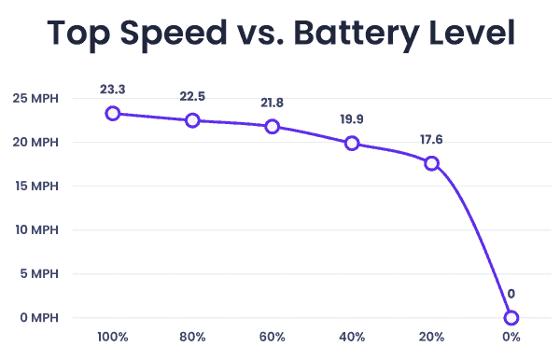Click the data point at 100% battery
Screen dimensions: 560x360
(x=113, y=114)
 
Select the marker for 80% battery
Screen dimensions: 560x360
(x=192, y=120)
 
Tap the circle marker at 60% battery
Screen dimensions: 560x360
(x=273, y=127)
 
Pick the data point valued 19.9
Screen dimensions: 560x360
(x=352, y=143)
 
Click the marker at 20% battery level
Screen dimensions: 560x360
(x=431, y=163)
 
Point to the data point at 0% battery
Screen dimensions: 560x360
(x=511, y=317)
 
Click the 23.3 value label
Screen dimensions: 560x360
(x=113, y=90)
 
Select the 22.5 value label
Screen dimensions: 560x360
(x=192, y=96)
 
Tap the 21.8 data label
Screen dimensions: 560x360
(x=273, y=103)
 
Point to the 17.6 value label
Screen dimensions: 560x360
(x=431, y=140)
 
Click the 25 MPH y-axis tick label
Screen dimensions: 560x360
(x=35, y=98)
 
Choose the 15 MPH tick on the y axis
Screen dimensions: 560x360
(x=36, y=186)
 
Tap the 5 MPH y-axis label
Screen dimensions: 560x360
(x=39, y=273)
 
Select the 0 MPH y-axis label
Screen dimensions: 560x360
(x=39, y=317)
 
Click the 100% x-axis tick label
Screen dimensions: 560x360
(x=113, y=337)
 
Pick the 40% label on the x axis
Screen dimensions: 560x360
(x=352, y=337)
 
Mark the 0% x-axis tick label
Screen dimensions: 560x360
(x=511, y=337)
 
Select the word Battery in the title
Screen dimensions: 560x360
(x=357, y=35)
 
